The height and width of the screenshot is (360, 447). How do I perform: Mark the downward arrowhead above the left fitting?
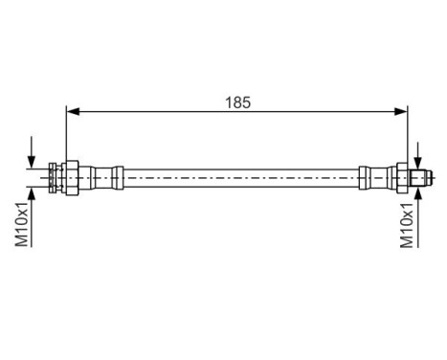[33, 157]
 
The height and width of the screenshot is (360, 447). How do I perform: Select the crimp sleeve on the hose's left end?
[98, 177]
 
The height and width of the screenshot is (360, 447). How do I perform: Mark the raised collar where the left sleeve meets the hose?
[118, 177]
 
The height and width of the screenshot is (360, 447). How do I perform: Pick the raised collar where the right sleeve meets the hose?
[363, 177]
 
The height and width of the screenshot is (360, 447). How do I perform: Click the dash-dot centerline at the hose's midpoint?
[239, 177]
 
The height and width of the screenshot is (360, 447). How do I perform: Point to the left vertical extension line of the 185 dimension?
[66, 134]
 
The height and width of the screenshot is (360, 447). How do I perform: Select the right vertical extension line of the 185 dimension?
[409, 134]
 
